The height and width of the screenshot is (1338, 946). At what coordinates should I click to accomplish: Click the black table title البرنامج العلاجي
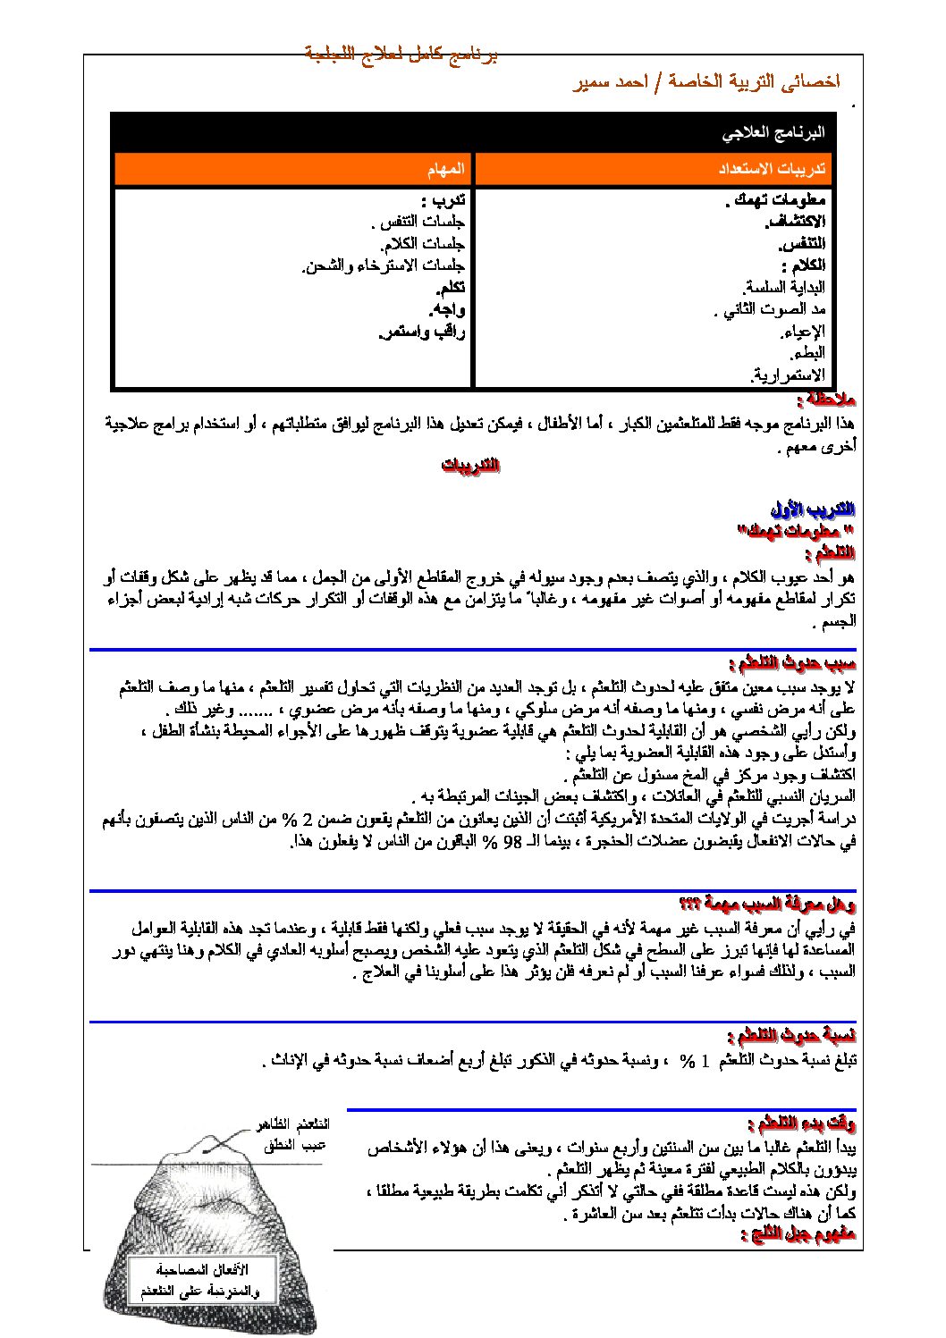(x=773, y=134)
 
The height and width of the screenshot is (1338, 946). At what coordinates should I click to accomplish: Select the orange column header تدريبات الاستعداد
(x=773, y=169)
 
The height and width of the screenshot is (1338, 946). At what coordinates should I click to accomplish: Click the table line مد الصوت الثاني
(x=770, y=309)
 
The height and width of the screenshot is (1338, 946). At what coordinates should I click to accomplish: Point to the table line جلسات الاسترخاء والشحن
(x=384, y=265)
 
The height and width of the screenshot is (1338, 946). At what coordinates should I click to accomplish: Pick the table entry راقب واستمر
(x=422, y=332)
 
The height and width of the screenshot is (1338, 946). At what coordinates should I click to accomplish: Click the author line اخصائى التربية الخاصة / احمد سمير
(x=705, y=82)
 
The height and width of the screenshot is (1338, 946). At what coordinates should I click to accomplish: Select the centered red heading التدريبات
(x=470, y=466)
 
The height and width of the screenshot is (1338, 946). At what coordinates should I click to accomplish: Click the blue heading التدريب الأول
(x=813, y=509)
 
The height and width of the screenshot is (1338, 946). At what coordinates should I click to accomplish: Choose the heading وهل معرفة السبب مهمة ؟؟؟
(x=767, y=904)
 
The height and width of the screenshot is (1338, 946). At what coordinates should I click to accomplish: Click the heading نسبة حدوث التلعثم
(x=792, y=1036)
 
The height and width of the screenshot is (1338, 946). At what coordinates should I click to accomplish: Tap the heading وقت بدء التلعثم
(x=801, y=1123)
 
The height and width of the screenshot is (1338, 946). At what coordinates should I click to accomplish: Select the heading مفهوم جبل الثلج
(x=798, y=1234)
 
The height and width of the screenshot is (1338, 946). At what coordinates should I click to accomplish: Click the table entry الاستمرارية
(x=788, y=375)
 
